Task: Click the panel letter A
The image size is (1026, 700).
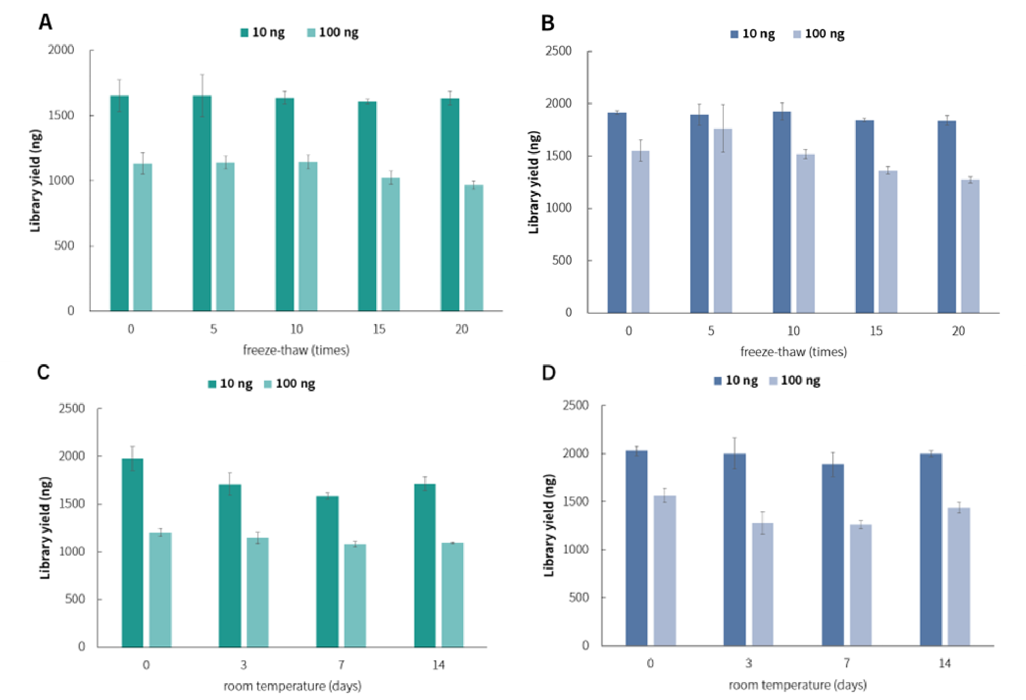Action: (45, 22)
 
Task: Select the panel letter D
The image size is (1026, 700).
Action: (548, 373)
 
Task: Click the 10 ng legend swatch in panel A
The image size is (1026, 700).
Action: (245, 33)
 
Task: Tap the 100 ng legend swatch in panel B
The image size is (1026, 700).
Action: (798, 34)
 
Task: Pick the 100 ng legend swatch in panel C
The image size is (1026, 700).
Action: (268, 384)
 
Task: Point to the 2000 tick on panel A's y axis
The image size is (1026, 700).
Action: (61, 50)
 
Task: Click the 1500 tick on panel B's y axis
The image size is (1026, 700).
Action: (559, 156)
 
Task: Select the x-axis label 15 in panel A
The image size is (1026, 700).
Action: (379, 329)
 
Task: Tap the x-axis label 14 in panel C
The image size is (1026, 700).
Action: (438, 665)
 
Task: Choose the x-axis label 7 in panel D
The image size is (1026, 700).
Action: (847, 663)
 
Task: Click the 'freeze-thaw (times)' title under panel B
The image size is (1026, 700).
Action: (793, 352)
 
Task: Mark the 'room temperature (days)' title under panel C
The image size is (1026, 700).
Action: (293, 686)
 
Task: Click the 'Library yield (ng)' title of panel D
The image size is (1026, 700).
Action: (549, 526)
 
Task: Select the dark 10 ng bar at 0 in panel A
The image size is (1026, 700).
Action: (120, 204)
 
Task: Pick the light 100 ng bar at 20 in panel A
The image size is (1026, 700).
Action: (473, 248)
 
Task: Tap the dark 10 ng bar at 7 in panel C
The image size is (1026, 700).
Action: (327, 571)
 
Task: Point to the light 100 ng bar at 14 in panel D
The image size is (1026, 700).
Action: (959, 577)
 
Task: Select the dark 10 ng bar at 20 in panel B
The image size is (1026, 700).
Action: (947, 217)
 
